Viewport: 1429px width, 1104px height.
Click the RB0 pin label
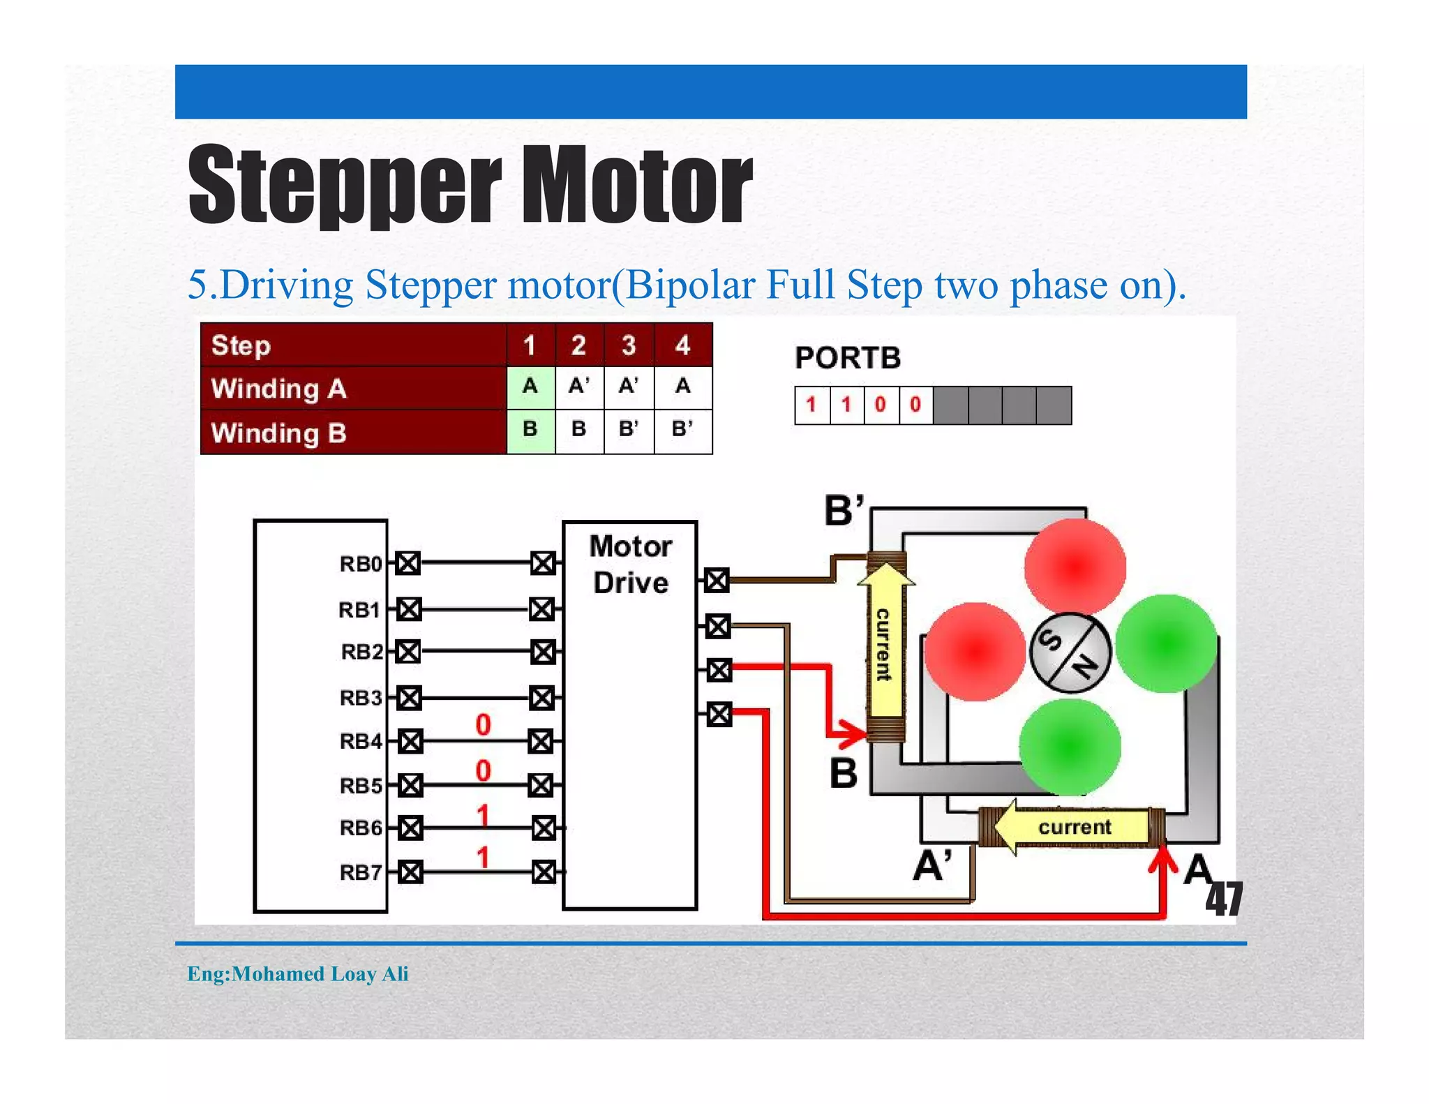pyautogui.click(x=361, y=563)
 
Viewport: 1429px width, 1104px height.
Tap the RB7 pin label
pyautogui.click(x=361, y=872)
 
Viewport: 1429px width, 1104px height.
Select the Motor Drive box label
pyautogui.click(x=630, y=564)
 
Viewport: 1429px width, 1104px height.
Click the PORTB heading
pyautogui.click(x=848, y=358)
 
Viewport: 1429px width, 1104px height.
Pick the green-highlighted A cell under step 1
pyautogui.click(x=530, y=387)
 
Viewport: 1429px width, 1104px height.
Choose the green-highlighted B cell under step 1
pyautogui.click(x=530, y=429)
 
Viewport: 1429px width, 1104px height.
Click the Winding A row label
pyautogui.click(x=279, y=388)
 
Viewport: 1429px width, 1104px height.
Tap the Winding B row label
pyautogui.click(x=279, y=433)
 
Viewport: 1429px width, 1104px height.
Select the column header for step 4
pyautogui.click(x=682, y=345)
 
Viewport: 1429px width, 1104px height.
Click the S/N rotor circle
pyautogui.click(x=1070, y=652)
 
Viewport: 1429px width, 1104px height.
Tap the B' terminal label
pyautogui.click(x=844, y=510)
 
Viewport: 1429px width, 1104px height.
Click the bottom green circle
pyautogui.click(x=1070, y=747)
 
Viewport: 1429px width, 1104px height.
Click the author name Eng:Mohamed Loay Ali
pyautogui.click(x=298, y=974)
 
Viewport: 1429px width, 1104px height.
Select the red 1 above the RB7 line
pyautogui.click(x=483, y=857)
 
